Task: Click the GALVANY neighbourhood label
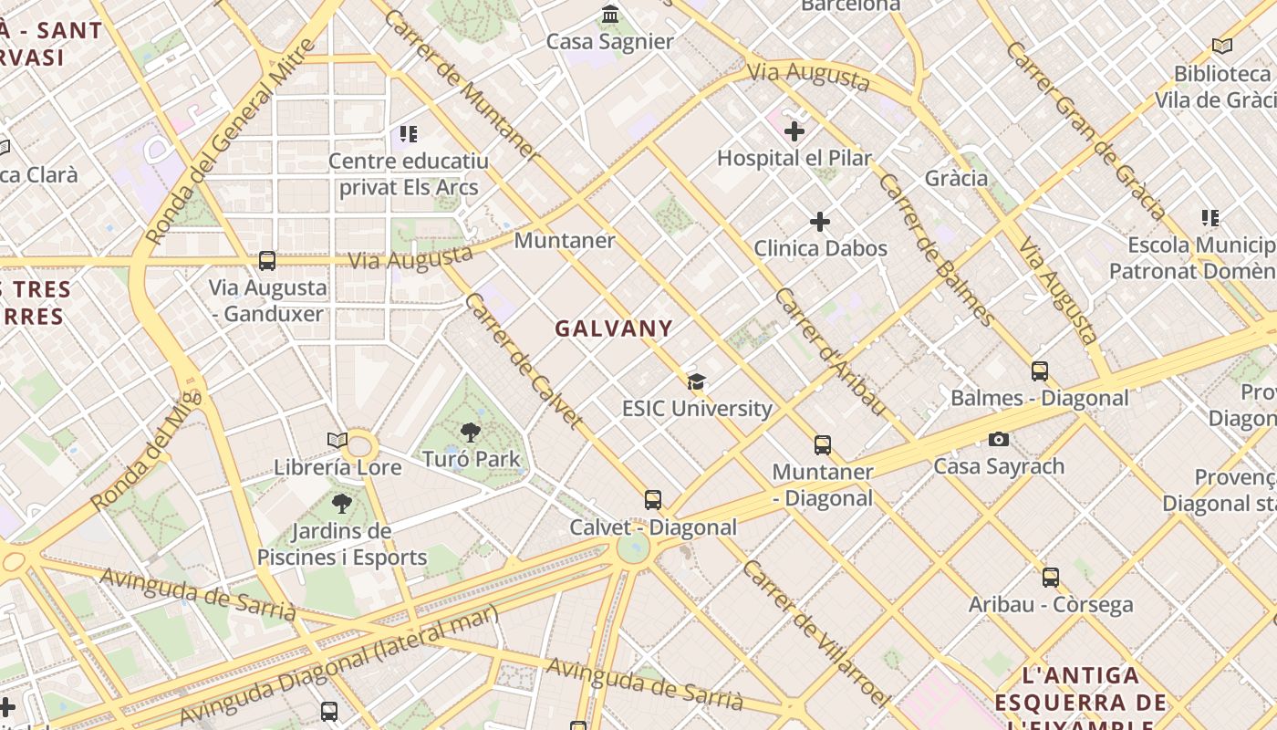point(614,329)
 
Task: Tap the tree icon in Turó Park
point(471,433)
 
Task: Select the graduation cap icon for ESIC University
point(697,381)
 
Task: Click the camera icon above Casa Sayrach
point(999,440)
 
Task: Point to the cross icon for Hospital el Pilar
point(794,131)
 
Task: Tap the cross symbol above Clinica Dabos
point(820,222)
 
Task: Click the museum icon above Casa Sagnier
point(610,15)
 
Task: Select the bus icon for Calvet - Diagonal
point(653,500)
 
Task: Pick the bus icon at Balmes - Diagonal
point(1040,371)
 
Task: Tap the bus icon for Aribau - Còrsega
point(1051,578)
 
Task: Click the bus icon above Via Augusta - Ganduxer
point(267,261)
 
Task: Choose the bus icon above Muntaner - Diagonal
point(823,445)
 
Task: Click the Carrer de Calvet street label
point(523,360)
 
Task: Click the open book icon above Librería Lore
point(337,441)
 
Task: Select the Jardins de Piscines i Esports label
point(342,544)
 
